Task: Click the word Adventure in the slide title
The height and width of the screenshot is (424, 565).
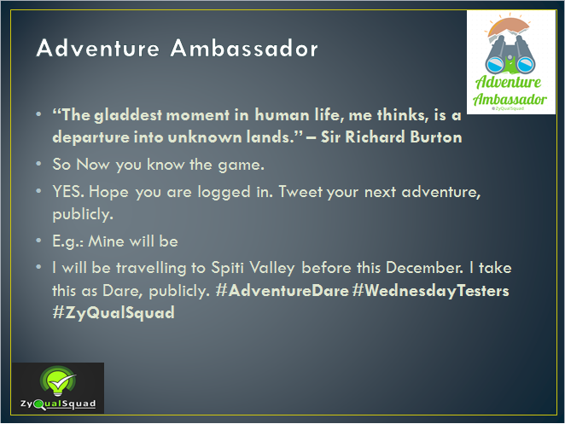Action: [97, 48]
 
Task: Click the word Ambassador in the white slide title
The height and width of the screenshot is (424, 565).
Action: [244, 48]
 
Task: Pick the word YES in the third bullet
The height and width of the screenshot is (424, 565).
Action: [68, 191]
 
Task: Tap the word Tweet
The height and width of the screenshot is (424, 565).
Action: [300, 191]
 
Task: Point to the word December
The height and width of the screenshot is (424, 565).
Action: [424, 268]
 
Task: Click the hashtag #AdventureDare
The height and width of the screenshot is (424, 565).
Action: [282, 290]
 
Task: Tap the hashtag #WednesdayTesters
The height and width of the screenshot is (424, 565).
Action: [431, 291]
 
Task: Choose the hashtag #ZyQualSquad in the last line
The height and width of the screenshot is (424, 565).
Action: [114, 312]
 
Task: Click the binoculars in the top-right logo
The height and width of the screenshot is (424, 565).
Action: [510, 55]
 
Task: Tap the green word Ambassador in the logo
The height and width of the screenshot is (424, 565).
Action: [510, 99]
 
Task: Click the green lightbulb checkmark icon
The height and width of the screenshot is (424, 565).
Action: [58, 381]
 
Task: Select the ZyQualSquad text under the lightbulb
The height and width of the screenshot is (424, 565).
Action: [58, 404]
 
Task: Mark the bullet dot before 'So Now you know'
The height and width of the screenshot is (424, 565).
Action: [38, 164]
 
